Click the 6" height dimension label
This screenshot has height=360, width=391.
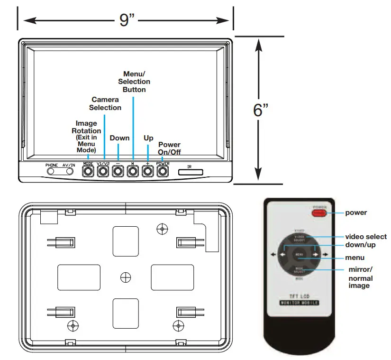(x=261, y=111)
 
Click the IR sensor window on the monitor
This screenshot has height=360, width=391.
(x=191, y=171)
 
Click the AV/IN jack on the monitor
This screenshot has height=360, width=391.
(x=69, y=171)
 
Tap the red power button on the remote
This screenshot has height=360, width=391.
(x=318, y=212)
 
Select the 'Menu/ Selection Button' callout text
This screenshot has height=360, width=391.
(x=134, y=82)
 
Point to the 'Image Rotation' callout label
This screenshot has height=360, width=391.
(x=86, y=127)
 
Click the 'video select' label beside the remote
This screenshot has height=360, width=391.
(x=366, y=236)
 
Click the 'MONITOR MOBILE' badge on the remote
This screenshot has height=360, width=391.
(x=299, y=303)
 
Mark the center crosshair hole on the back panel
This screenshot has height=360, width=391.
(x=126, y=277)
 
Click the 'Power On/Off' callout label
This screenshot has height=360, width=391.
(x=169, y=148)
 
